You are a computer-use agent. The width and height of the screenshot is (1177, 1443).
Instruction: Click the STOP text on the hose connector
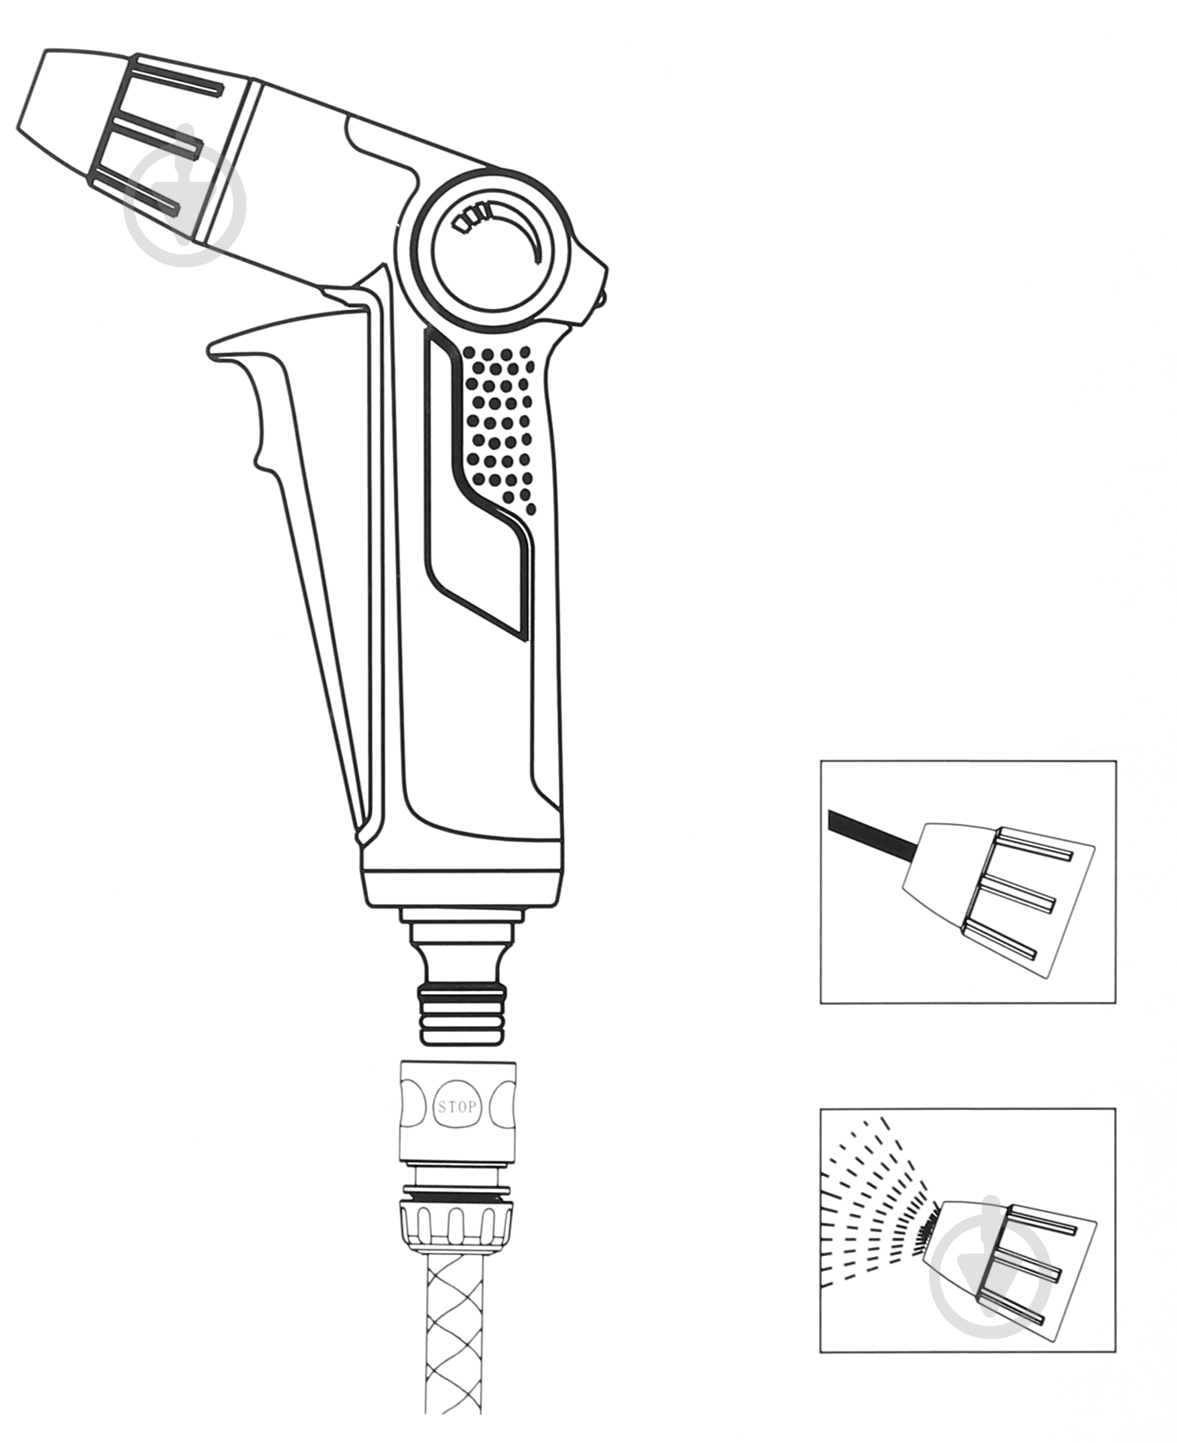point(457,1107)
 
